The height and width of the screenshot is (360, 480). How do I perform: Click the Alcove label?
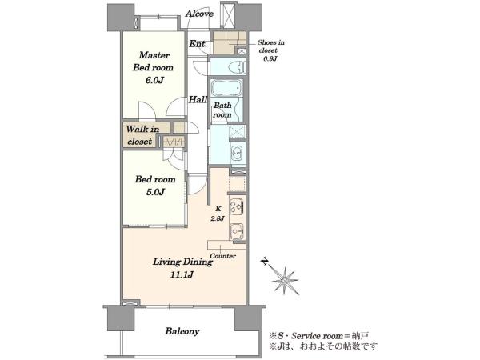(x=199, y=14)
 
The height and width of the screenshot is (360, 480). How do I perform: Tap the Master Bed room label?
(x=153, y=62)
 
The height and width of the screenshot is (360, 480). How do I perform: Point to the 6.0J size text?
(x=153, y=80)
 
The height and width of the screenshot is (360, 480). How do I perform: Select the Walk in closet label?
(x=142, y=135)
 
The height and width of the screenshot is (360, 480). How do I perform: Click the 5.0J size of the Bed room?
(x=154, y=192)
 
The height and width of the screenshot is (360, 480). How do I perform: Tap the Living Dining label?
(x=182, y=262)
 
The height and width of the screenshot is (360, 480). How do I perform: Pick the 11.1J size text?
(x=182, y=274)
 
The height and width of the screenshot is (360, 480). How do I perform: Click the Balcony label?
(x=182, y=331)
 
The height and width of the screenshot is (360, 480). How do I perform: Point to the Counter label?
(x=223, y=256)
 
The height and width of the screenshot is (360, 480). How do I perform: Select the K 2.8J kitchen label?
(x=218, y=214)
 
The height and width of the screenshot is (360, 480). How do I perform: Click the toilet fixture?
(x=237, y=66)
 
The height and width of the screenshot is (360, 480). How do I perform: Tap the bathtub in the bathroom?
(x=226, y=87)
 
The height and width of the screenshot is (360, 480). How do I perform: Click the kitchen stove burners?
(x=237, y=206)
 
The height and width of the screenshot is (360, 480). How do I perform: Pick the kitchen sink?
(x=237, y=230)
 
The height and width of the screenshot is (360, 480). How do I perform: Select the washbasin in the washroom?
(x=236, y=152)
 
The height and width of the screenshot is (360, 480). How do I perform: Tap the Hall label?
(x=198, y=99)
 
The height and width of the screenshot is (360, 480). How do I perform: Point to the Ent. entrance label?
(x=198, y=44)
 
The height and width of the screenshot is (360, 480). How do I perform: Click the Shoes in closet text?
(x=270, y=46)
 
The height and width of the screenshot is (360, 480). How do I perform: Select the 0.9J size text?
(x=270, y=58)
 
